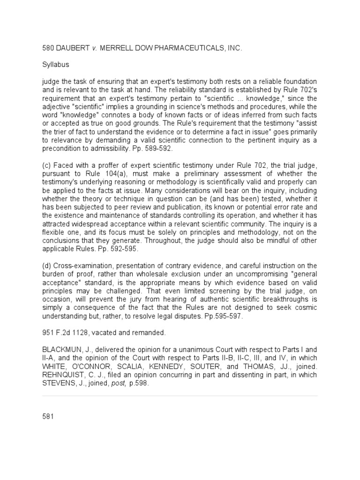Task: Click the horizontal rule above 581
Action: click(x=180, y=396)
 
